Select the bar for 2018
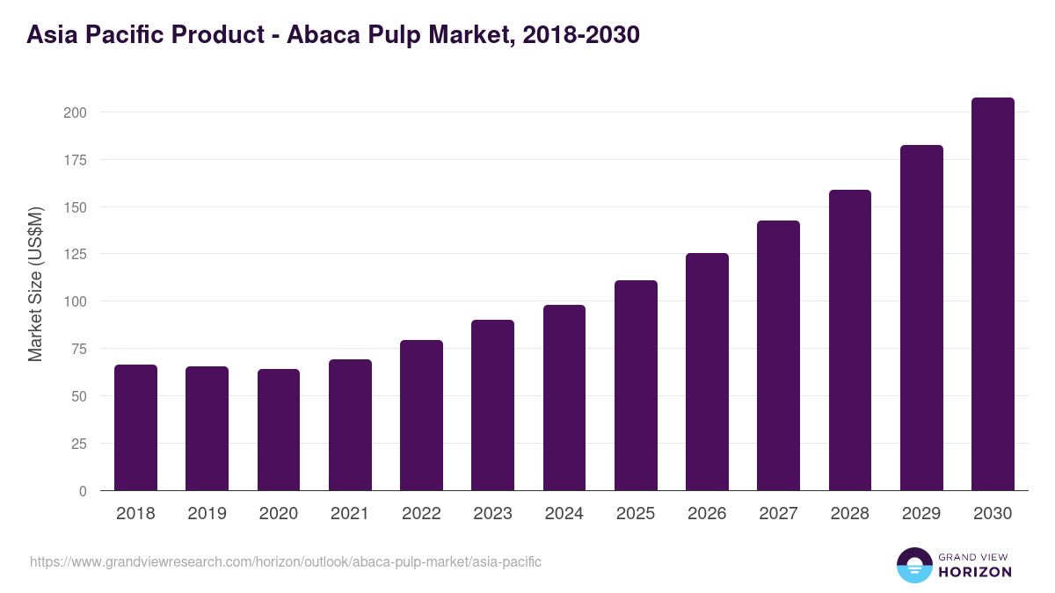click(135, 428)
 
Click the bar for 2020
click(279, 430)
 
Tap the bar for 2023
click(492, 405)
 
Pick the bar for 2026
click(707, 372)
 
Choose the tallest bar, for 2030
click(993, 294)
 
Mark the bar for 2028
click(850, 340)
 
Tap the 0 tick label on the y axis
click(83, 491)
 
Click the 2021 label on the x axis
click(350, 514)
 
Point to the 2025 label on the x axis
click(636, 514)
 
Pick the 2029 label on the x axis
click(921, 514)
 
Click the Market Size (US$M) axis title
click(35, 284)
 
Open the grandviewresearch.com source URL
click(286, 561)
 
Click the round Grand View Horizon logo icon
click(913, 565)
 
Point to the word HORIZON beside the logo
click(975, 572)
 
